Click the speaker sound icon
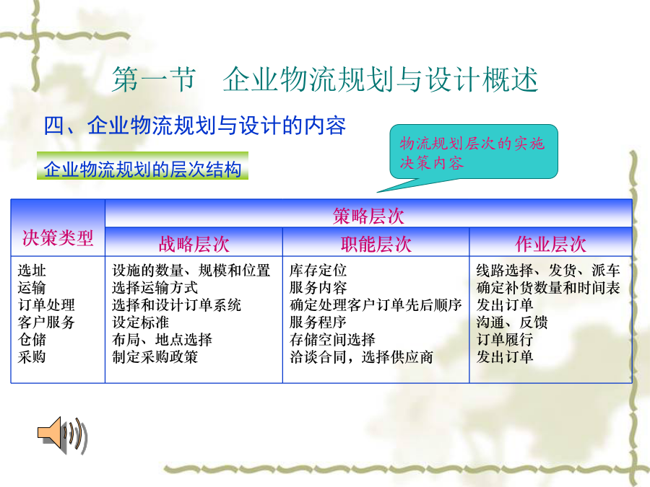62,435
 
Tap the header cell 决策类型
58,238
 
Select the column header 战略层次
194,244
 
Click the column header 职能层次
376,244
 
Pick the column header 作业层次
550,244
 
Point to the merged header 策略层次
368,216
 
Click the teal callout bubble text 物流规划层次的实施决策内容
472,153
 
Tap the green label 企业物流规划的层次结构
142,170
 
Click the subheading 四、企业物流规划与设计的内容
195,125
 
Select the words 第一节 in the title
154,79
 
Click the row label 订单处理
46,304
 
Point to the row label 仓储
32,340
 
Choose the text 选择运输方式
155,287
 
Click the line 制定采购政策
155,356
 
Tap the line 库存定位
318,271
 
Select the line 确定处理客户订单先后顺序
376,304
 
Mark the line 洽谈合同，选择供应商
362,356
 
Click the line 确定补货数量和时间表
548,287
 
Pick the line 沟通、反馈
512,323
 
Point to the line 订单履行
505,340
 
